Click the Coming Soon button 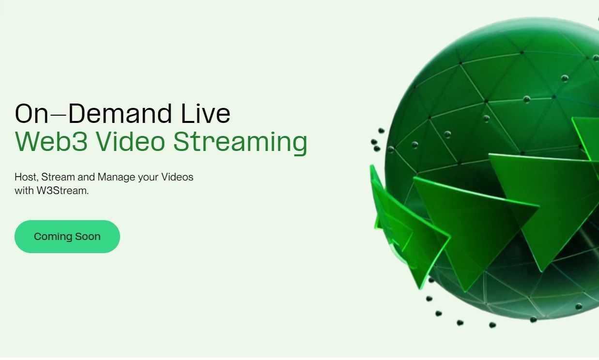point(67,237)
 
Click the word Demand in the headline point(120,114)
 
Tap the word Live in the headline point(205,114)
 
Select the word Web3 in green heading point(51,142)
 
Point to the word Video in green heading point(130,142)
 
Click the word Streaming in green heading point(240,143)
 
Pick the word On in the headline point(31,114)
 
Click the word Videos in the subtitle point(177,177)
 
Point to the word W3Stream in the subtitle point(62,191)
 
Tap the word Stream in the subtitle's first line point(58,177)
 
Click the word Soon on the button point(88,237)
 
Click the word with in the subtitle point(24,191)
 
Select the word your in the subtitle point(148,178)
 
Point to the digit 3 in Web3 point(79,142)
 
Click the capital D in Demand point(77,114)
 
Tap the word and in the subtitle point(86,177)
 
